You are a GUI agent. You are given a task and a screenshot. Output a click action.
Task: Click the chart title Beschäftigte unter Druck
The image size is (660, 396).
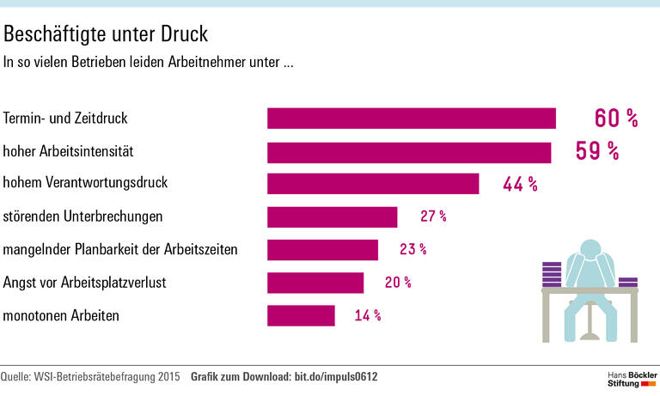click(x=106, y=34)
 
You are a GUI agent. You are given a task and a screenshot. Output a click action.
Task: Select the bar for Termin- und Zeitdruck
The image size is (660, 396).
click(x=411, y=119)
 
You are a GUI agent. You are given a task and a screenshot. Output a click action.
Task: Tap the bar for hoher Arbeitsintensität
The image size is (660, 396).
click(x=408, y=152)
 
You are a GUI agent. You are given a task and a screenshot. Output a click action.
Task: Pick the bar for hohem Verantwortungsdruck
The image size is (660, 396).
click(x=372, y=184)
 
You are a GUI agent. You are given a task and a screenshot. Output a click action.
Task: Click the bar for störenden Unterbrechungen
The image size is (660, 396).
click(x=332, y=216)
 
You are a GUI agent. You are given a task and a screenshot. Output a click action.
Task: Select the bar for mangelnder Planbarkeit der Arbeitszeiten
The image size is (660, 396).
click(x=322, y=250)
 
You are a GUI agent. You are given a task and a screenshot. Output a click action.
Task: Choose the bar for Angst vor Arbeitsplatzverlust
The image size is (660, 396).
click(x=315, y=283)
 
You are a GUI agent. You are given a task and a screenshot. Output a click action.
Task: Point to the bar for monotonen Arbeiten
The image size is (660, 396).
click(x=301, y=316)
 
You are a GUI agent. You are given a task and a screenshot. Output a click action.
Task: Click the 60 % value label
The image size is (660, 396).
click(x=616, y=119)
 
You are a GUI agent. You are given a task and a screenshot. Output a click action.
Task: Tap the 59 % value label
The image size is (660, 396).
click(x=597, y=152)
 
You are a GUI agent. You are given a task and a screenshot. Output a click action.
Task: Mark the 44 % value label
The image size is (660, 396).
click(x=520, y=184)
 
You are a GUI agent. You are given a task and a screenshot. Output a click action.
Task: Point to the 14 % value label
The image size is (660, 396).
click(x=368, y=316)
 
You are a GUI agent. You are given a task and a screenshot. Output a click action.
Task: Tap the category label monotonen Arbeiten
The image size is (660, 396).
click(x=61, y=316)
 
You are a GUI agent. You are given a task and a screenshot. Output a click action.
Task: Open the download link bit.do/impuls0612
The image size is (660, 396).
click(x=336, y=377)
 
